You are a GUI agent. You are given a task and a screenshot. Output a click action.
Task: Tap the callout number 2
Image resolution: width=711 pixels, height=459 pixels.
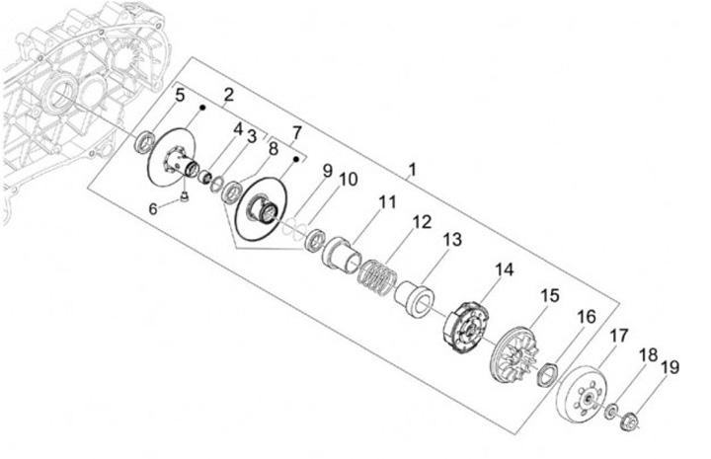[x=228, y=95]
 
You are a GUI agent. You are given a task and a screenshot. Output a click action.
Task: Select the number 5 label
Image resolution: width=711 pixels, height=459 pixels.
[x=180, y=96]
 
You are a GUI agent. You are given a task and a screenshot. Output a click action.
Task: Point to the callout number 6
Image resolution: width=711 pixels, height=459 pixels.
[x=153, y=208]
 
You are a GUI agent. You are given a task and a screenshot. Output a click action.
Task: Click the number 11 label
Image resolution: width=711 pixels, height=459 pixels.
[x=387, y=201]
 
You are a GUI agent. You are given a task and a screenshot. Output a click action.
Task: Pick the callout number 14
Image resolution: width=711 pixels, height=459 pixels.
[x=506, y=269]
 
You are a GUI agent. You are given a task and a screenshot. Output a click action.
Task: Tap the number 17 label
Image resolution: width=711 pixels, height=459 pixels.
[x=618, y=336]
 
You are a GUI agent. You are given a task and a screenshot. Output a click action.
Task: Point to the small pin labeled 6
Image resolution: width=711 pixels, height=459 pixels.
[x=184, y=201]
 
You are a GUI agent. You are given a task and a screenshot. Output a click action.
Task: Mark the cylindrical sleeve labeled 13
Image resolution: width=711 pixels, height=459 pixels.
[x=415, y=294]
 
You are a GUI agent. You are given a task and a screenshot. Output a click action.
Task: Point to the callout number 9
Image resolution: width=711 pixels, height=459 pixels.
[x=327, y=171]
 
